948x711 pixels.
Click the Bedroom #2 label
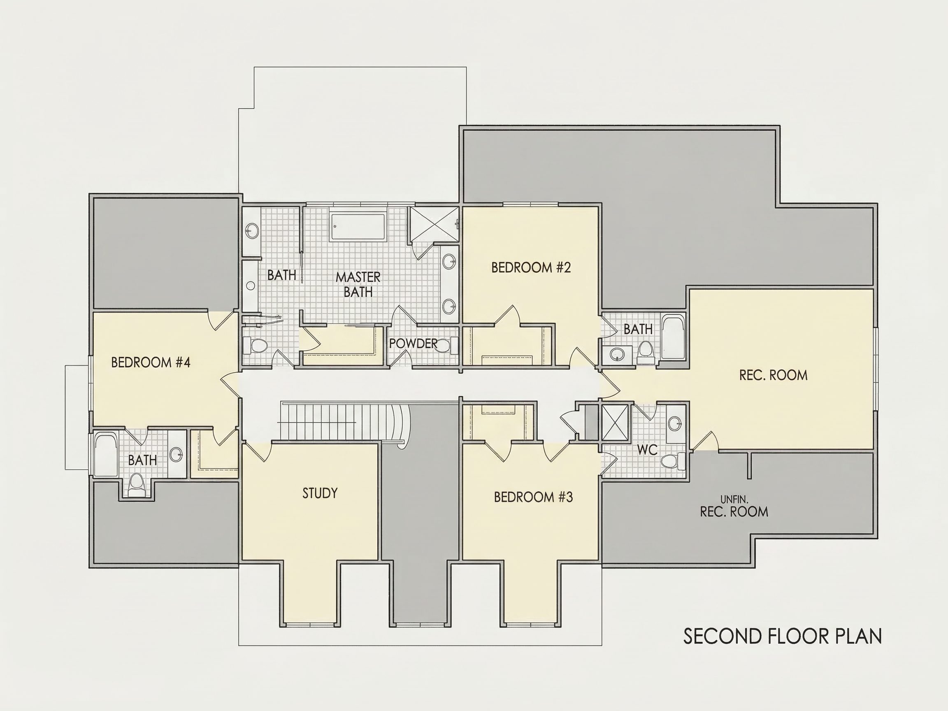[x=531, y=267]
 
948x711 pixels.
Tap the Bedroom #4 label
[x=151, y=362]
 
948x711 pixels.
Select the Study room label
[x=320, y=493]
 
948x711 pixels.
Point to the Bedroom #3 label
[x=533, y=497]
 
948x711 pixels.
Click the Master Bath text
[x=358, y=285]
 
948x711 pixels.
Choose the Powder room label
[x=413, y=343]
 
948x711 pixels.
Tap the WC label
[x=647, y=450]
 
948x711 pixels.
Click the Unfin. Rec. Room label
[x=734, y=506]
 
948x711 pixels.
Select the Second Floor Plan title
[x=783, y=637]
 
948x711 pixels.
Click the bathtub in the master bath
[x=358, y=227]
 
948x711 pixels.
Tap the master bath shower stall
[x=433, y=225]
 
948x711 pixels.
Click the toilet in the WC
[x=672, y=461]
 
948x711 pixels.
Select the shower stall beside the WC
[x=616, y=422]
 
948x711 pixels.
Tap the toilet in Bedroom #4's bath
[x=136, y=484]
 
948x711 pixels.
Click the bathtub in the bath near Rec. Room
[x=673, y=337]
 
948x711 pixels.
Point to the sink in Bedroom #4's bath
[x=176, y=454]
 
